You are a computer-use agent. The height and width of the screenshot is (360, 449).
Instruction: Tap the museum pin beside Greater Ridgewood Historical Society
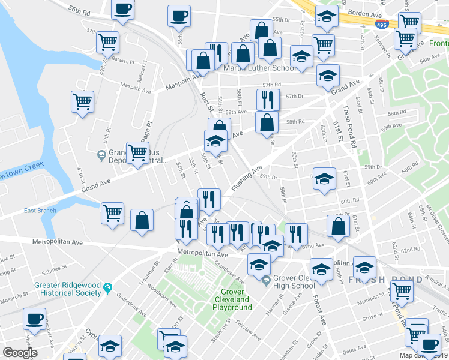tap(108, 287)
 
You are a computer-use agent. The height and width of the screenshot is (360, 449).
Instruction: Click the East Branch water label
tap(40, 211)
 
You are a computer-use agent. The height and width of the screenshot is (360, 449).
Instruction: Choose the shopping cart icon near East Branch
tap(112, 214)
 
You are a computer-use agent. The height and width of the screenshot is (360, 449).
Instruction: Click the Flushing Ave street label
tap(247, 178)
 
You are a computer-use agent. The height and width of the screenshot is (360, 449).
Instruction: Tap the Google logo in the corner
tap(19, 353)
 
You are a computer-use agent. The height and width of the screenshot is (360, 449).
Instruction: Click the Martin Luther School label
tap(261, 68)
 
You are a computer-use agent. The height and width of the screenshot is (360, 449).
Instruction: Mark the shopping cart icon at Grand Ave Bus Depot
tap(138, 153)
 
